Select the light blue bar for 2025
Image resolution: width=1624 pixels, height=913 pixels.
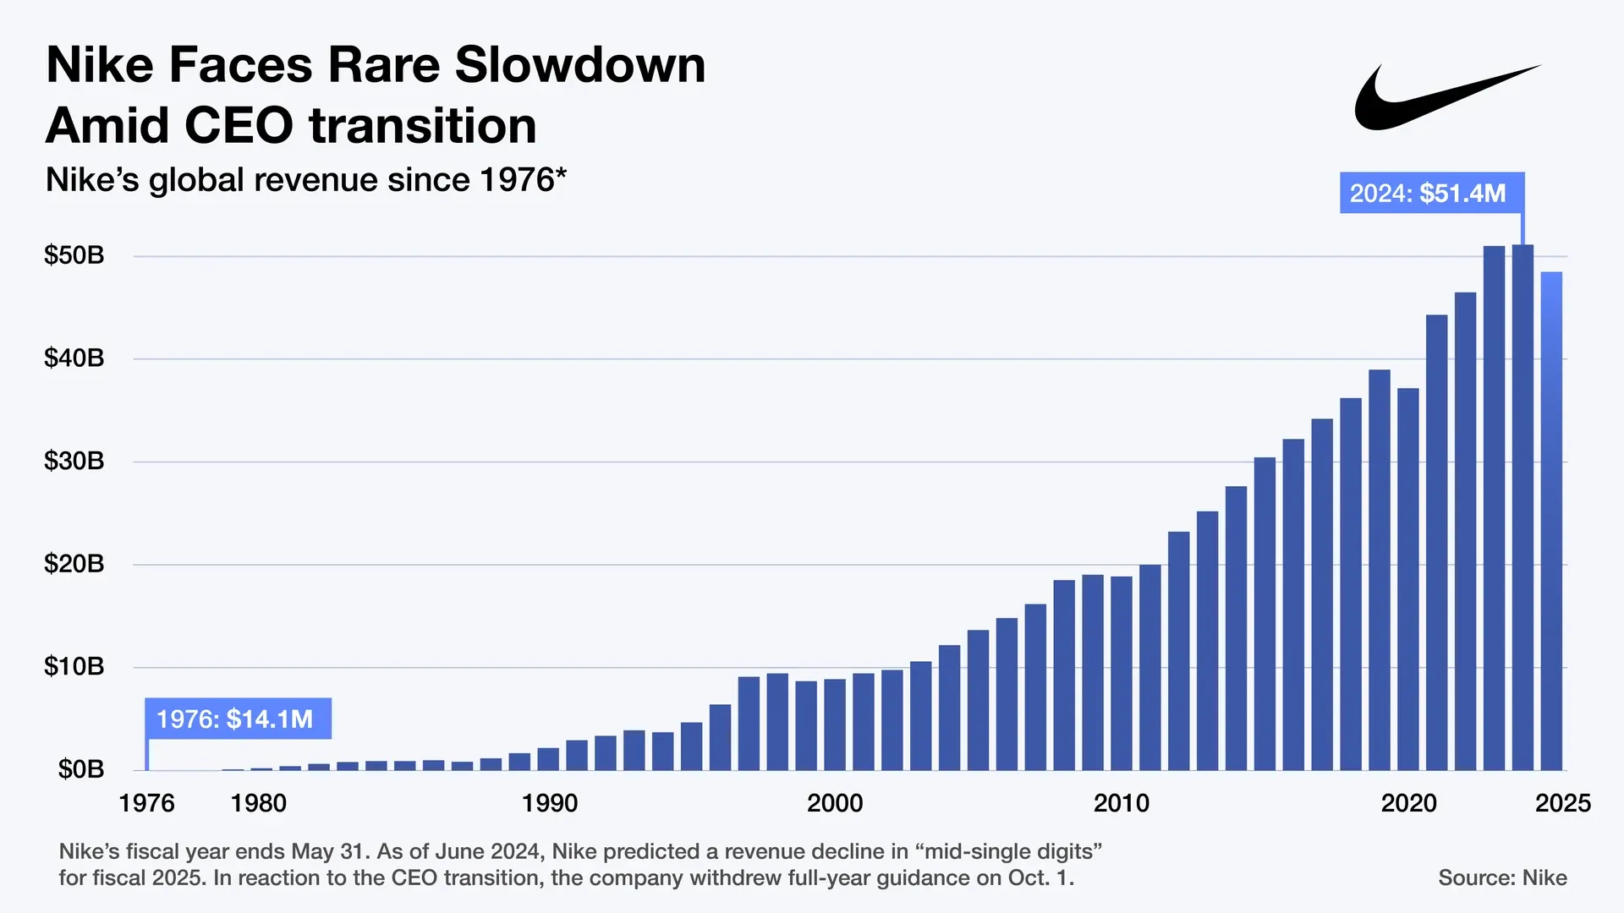click(1551, 521)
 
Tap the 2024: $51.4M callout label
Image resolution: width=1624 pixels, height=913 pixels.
click(1432, 193)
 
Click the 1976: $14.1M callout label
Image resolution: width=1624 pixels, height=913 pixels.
click(238, 719)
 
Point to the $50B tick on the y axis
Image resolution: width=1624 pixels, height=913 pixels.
click(74, 254)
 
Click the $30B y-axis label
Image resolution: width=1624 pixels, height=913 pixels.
click(74, 461)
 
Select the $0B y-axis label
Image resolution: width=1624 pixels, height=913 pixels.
click(81, 768)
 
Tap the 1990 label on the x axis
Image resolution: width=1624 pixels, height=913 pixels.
click(549, 802)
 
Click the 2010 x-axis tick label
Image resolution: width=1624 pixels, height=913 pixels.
click(1122, 802)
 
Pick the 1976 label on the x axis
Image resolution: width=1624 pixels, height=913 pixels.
click(146, 802)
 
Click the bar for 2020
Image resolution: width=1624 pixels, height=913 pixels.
click(1408, 579)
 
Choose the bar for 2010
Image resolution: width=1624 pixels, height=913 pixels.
click(1122, 673)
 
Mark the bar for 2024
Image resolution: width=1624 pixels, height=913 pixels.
click(1522, 507)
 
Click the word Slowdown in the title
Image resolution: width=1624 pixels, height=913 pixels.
click(580, 65)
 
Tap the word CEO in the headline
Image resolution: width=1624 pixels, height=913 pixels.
click(239, 126)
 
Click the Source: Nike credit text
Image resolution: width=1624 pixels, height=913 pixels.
click(1502, 877)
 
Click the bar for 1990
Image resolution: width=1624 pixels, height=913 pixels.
click(548, 759)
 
